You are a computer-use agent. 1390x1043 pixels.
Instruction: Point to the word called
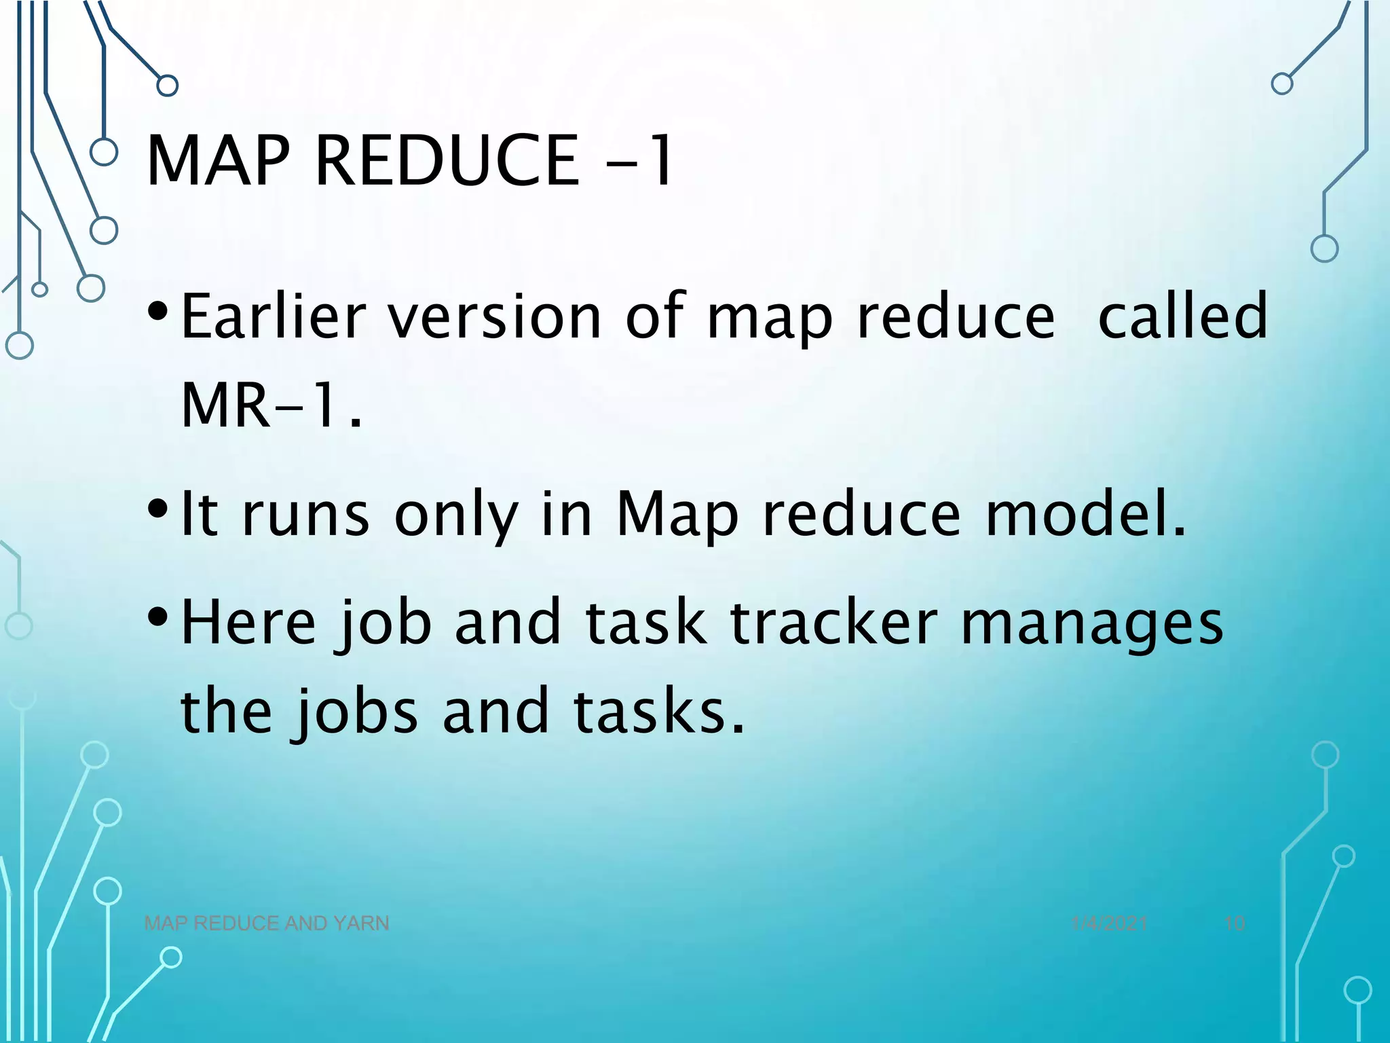pyautogui.click(x=1182, y=316)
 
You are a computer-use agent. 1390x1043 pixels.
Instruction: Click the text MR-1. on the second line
pyautogui.click(x=271, y=405)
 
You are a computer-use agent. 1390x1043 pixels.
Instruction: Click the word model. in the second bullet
pyautogui.click(x=1086, y=514)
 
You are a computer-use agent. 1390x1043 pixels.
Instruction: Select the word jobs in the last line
pyautogui.click(x=357, y=712)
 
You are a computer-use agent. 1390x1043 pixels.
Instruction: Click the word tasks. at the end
pyautogui.click(x=659, y=711)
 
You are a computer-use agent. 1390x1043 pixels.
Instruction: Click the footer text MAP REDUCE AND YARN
pyautogui.click(x=267, y=923)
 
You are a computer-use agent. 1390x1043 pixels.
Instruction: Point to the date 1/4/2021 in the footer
pyautogui.click(x=1109, y=923)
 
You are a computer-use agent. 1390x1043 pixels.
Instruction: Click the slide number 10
pyautogui.click(x=1235, y=923)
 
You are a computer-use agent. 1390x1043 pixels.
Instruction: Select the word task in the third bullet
pyautogui.click(x=645, y=623)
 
